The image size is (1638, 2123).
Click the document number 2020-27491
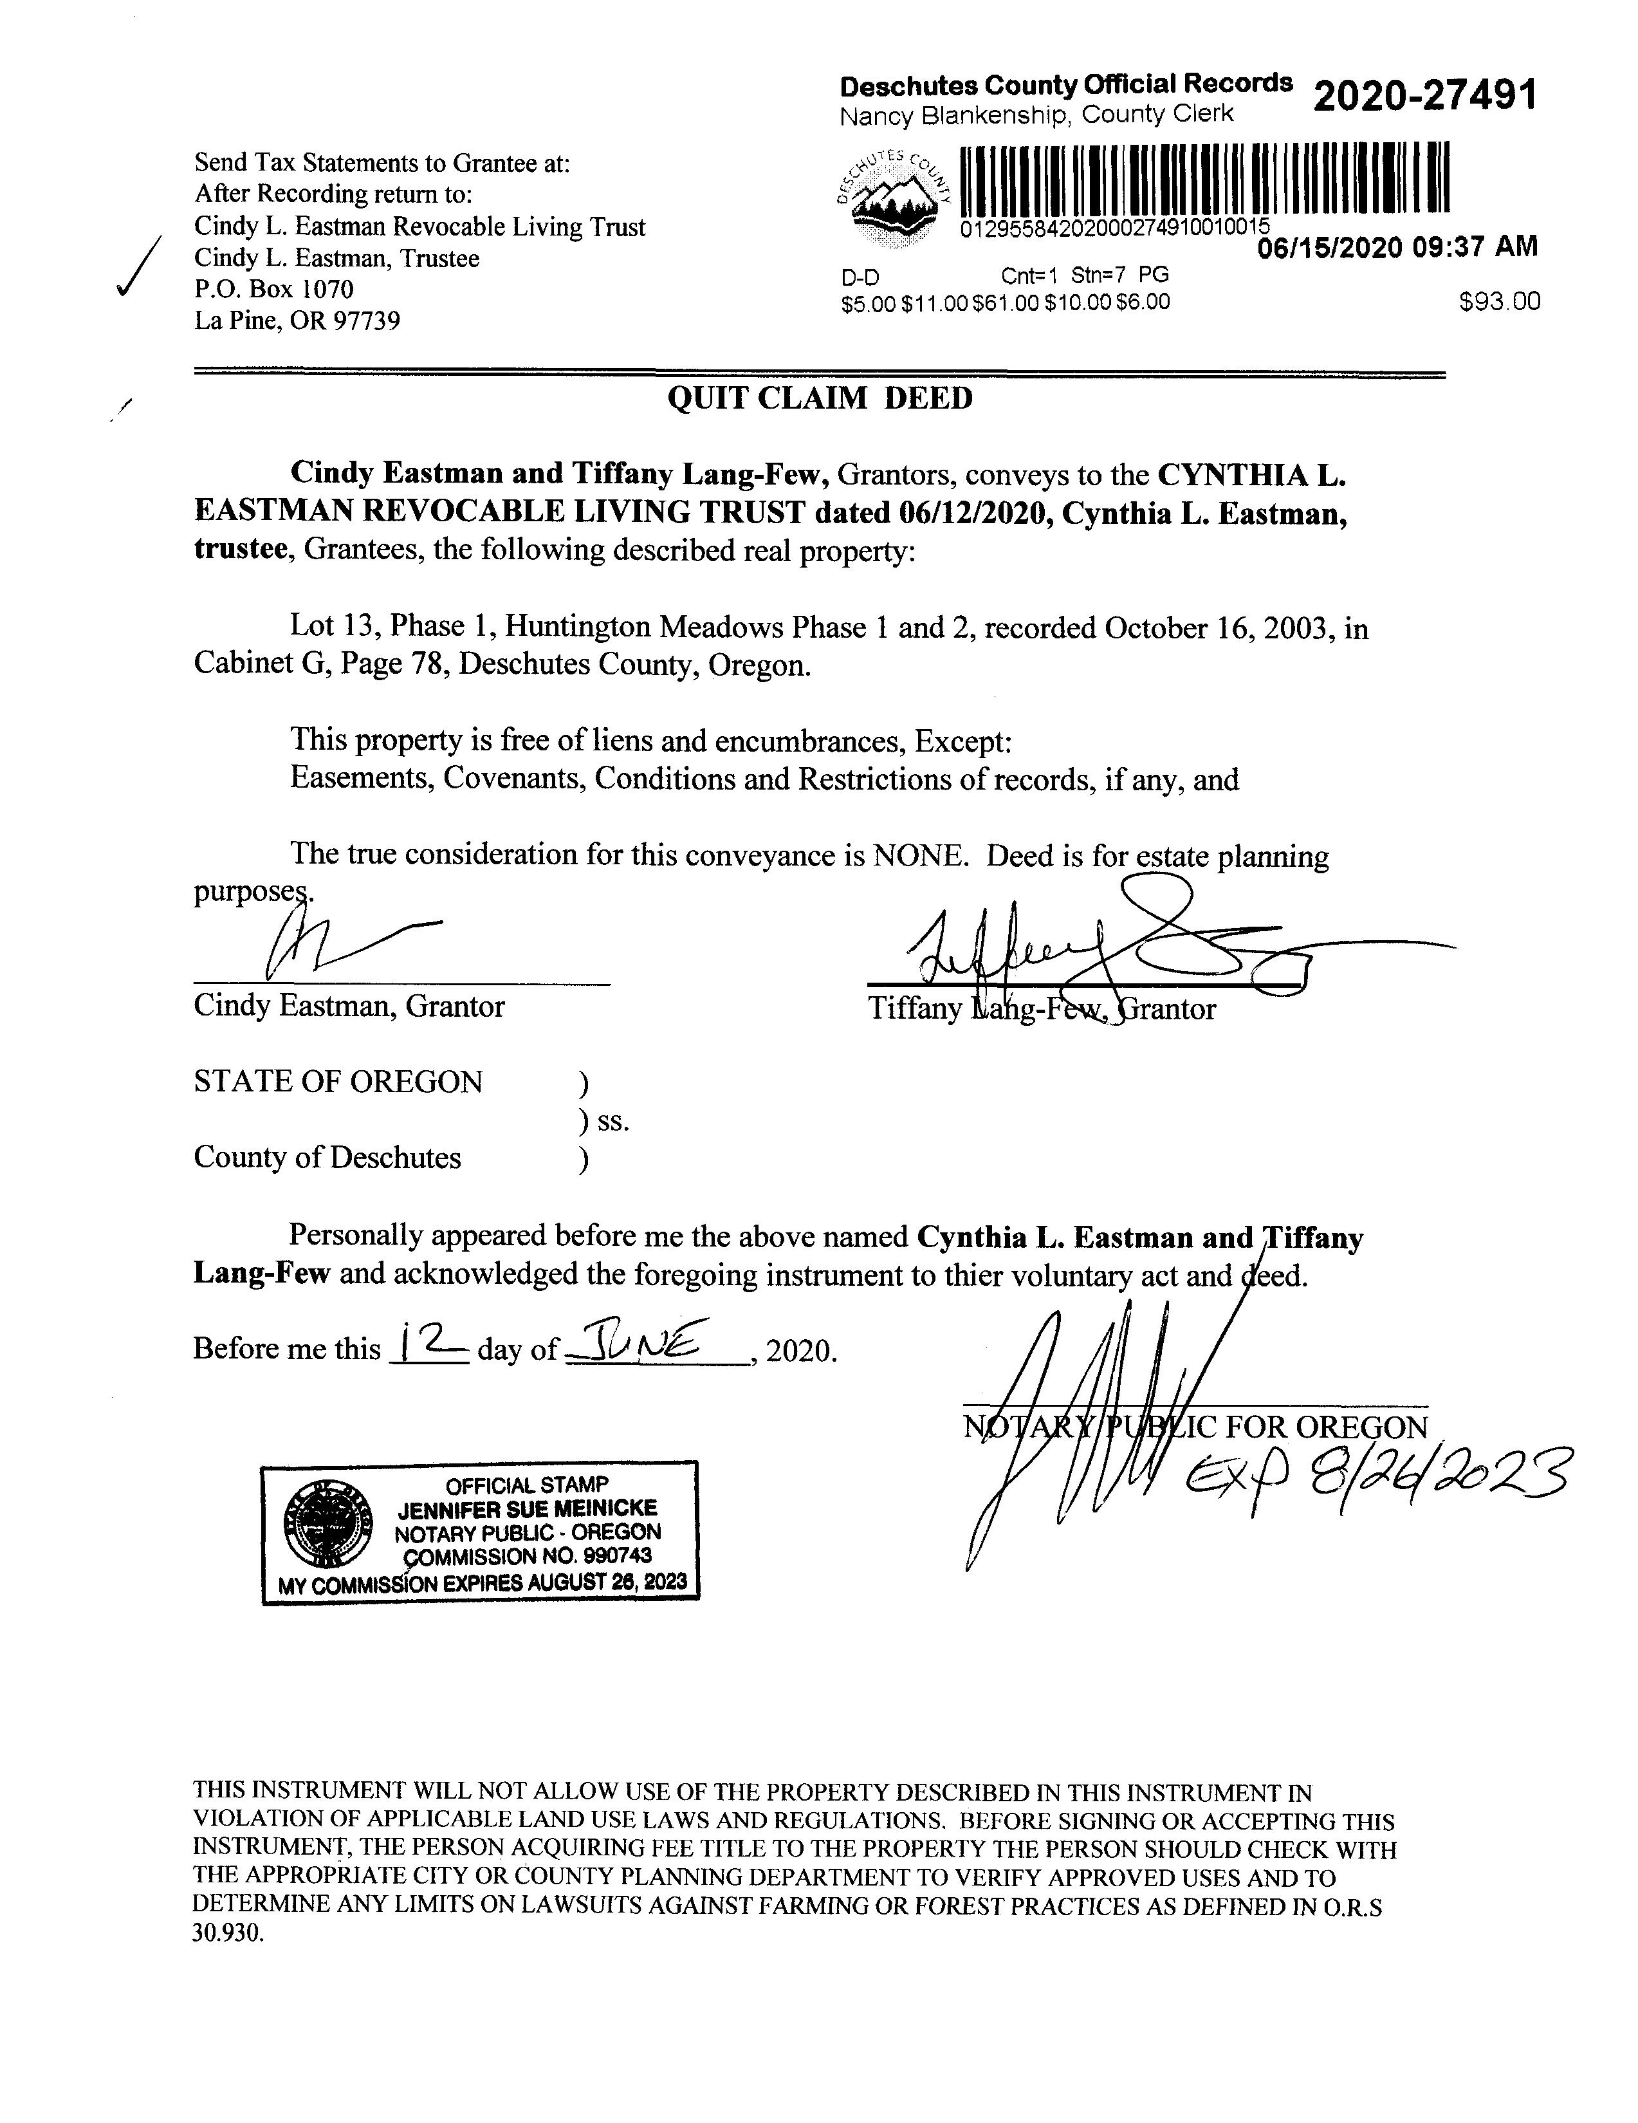tap(1424, 97)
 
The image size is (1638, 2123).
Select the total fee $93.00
tap(1499, 302)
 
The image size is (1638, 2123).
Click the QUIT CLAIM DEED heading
tap(820, 398)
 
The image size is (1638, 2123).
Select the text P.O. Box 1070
tap(274, 290)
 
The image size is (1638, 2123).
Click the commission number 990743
tap(611, 1555)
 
